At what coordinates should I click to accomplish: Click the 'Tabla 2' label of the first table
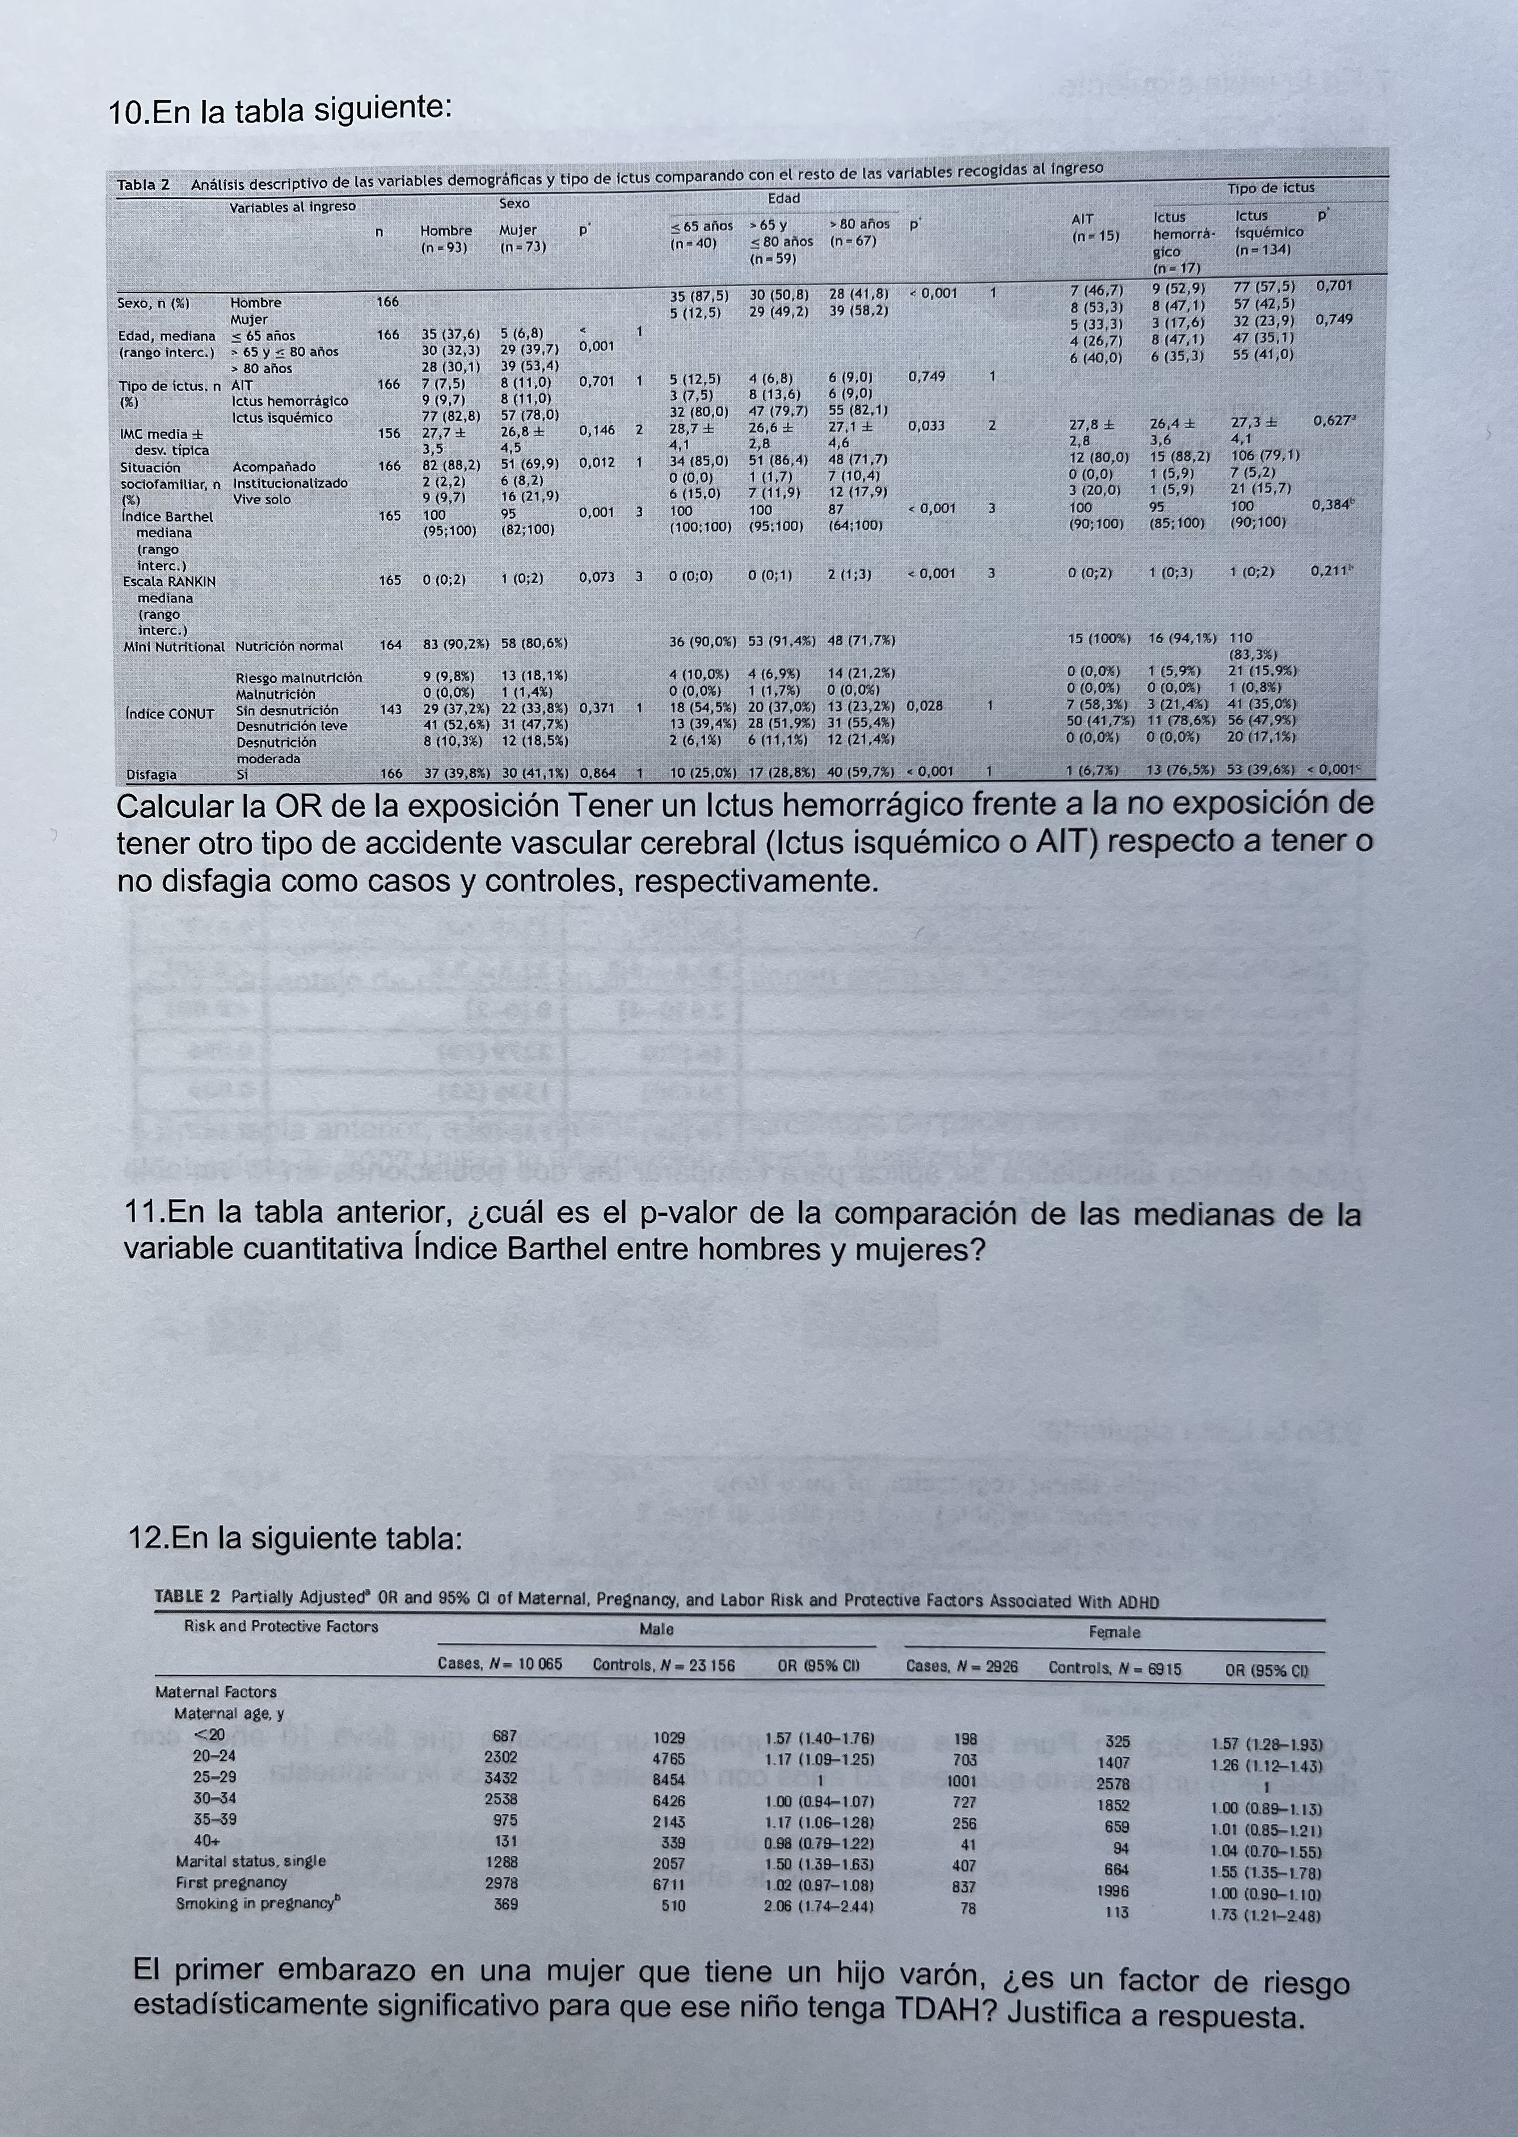click(x=142, y=184)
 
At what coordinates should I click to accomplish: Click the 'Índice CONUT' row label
click(x=169, y=713)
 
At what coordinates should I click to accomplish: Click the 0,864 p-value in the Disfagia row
click(x=598, y=773)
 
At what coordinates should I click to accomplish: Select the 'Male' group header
click(x=656, y=1629)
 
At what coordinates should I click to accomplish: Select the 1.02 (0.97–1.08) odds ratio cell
click(x=819, y=1885)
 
